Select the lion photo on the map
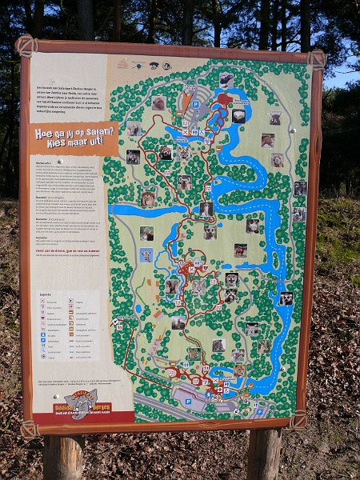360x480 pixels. pyautogui.click(x=148, y=199)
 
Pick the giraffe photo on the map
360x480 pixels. pyautogui.click(x=146, y=255)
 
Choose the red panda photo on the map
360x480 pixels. pyautogui.click(x=166, y=152)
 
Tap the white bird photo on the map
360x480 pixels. pyautogui.click(x=238, y=116)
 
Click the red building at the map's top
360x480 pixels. pyautogui.click(x=224, y=100)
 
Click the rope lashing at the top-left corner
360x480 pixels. pyautogui.click(x=26, y=45)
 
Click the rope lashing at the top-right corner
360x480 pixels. pyautogui.click(x=316, y=59)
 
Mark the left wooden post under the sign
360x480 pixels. pyautogui.click(x=65, y=457)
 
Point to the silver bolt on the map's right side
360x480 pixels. pyautogui.click(x=293, y=130)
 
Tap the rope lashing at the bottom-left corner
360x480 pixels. pyautogui.click(x=30, y=430)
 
